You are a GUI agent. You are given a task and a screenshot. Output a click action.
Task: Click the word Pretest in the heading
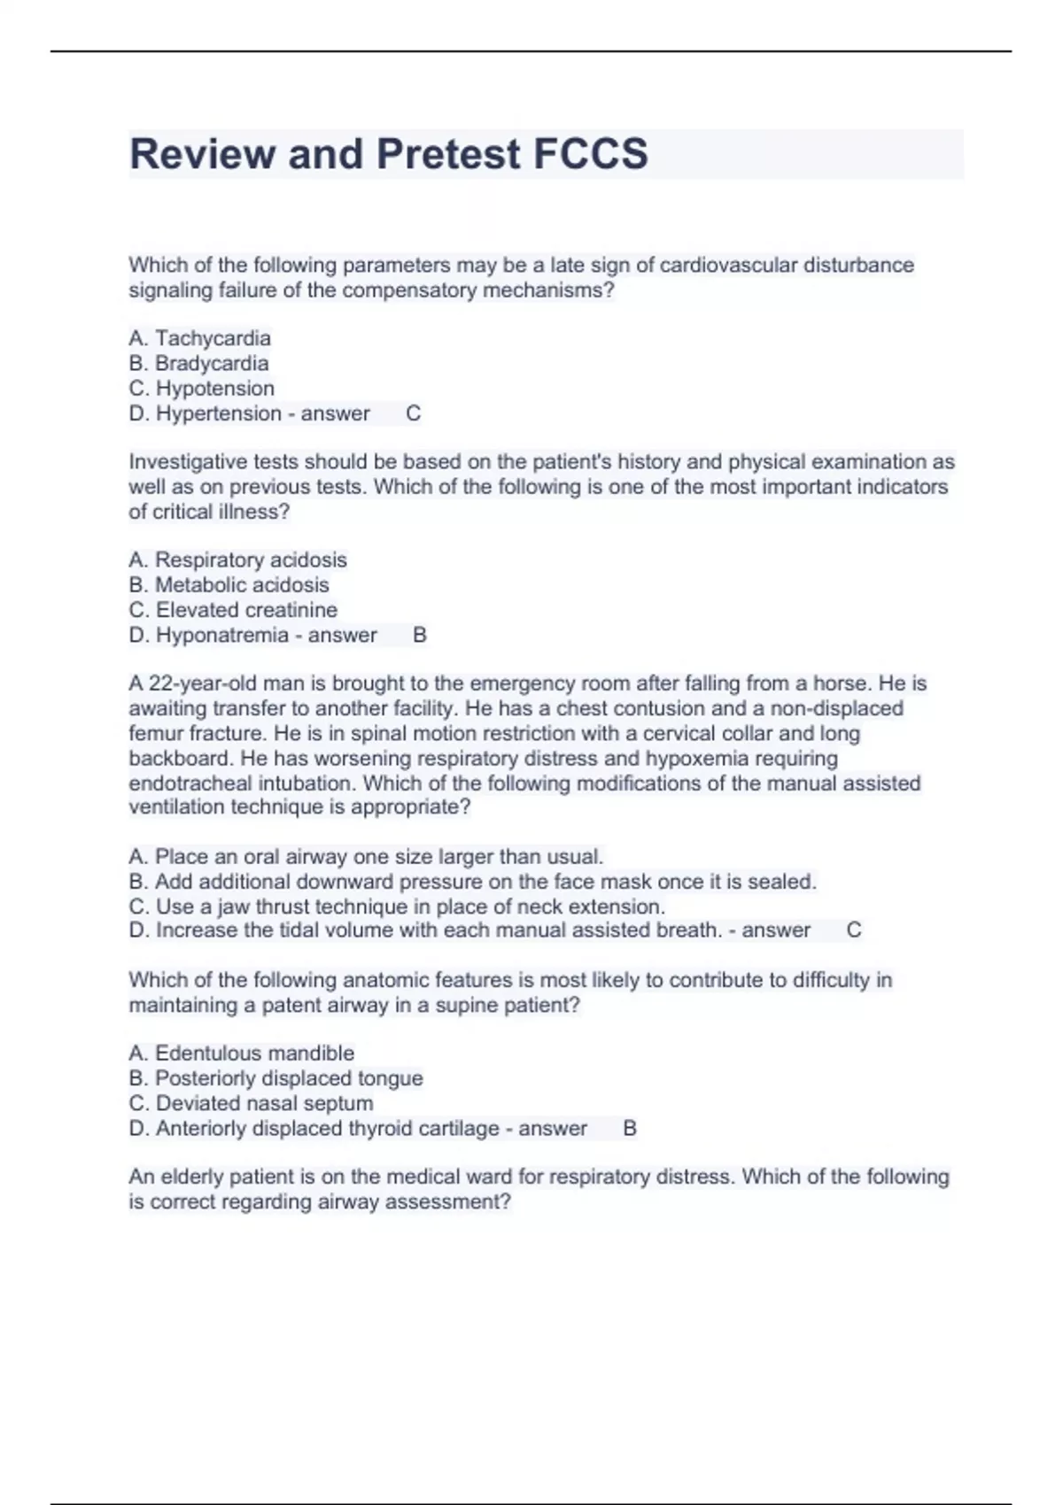(448, 154)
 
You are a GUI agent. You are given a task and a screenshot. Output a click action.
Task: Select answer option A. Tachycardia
(200, 338)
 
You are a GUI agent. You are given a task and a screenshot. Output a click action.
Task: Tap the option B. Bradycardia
(198, 363)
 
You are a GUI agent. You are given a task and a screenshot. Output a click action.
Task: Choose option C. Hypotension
(202, 388)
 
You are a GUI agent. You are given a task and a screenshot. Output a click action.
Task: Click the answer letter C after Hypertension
(413, 413)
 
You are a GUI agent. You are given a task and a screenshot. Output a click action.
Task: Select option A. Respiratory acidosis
(237, 560)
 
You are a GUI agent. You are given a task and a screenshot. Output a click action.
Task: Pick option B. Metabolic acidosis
(229, 584)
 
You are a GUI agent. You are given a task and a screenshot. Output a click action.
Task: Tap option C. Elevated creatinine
(233, 610)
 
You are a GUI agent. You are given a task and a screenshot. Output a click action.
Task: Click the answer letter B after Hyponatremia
(420, 635)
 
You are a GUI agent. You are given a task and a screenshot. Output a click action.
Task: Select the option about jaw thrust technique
(397, 907)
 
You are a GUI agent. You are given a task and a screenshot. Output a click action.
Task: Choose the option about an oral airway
(366, 857)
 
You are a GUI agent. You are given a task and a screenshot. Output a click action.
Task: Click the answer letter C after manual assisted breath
(854, 930)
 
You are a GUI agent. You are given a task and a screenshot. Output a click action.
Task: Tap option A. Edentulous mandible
(241, 1053)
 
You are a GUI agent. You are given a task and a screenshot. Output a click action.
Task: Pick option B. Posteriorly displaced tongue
(275, 1078)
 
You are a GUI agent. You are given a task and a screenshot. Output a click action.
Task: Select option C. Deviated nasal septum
(251, 1103)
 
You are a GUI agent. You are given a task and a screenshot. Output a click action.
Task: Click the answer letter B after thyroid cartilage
(630, 1129)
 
